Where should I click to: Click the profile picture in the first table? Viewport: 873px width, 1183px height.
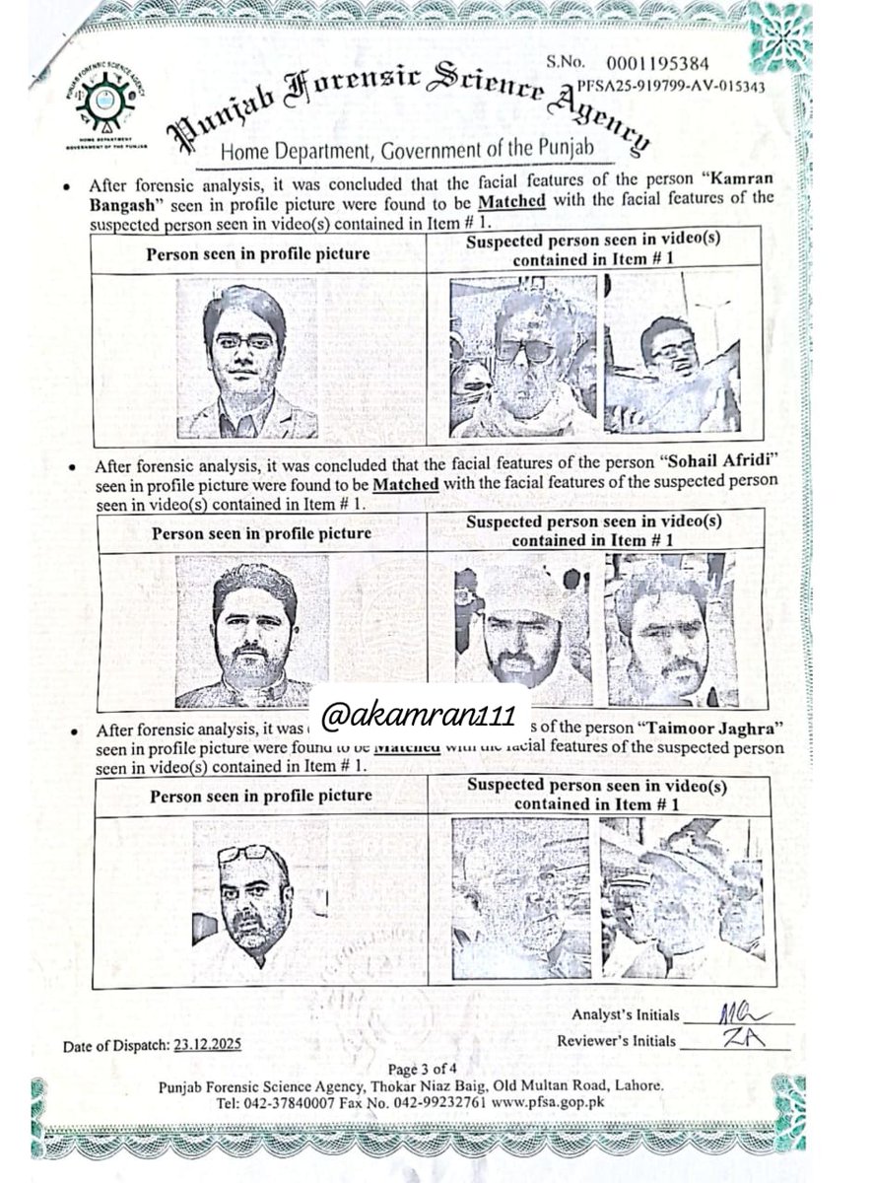247,358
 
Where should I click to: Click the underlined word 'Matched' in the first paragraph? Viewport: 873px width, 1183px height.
512,201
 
